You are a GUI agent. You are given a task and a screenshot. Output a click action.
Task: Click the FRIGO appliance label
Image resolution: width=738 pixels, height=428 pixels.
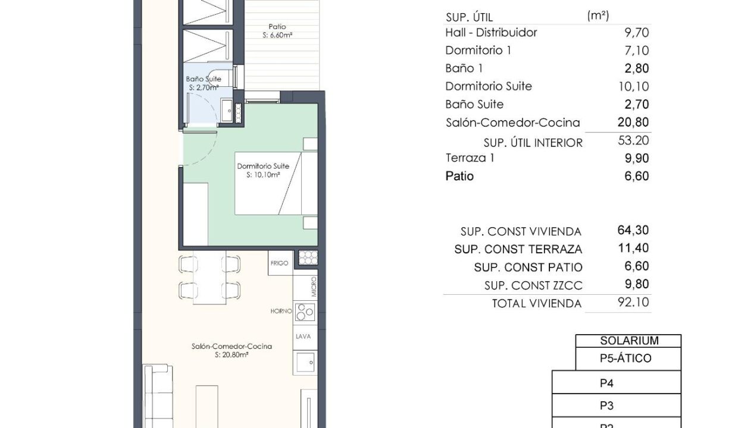coord(279,263)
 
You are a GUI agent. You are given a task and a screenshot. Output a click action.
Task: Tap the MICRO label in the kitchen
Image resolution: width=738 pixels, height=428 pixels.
coord(313,287)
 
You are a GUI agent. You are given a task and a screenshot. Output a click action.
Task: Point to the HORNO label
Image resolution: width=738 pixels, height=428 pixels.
coord(281,311)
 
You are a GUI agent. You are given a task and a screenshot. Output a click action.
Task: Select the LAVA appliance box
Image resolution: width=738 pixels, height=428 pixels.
coord(305,337)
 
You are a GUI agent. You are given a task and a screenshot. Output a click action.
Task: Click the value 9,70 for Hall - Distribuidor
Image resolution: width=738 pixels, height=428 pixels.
coord(637,33)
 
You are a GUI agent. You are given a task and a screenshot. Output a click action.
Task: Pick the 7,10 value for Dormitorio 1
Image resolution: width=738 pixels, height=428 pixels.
coord(637,51)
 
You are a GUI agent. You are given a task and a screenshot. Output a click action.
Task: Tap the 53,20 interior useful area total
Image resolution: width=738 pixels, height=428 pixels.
coord(633,140)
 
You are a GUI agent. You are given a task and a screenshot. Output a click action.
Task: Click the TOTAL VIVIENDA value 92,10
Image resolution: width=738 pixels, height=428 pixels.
coord(633,302)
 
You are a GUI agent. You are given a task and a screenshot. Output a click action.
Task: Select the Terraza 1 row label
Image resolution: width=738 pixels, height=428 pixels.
coord(470,158)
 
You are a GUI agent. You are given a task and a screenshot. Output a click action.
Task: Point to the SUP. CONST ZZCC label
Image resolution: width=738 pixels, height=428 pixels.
coord(533,285)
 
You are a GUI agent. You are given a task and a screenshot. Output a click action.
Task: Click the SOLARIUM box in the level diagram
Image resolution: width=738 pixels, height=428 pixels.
coord(628,341)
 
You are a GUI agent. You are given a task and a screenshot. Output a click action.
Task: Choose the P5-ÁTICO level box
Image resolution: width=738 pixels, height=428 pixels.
coord(628,358)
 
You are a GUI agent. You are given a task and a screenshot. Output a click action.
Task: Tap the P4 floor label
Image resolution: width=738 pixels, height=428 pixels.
coord(606,383)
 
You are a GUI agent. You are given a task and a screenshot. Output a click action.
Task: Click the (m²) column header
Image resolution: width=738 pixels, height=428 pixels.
coord(598,15)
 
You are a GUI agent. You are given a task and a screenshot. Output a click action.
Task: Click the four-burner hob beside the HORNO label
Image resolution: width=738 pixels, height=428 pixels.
coord(305,312)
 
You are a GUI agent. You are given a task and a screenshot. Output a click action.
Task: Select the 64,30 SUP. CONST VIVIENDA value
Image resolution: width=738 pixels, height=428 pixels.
coord(633,230)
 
